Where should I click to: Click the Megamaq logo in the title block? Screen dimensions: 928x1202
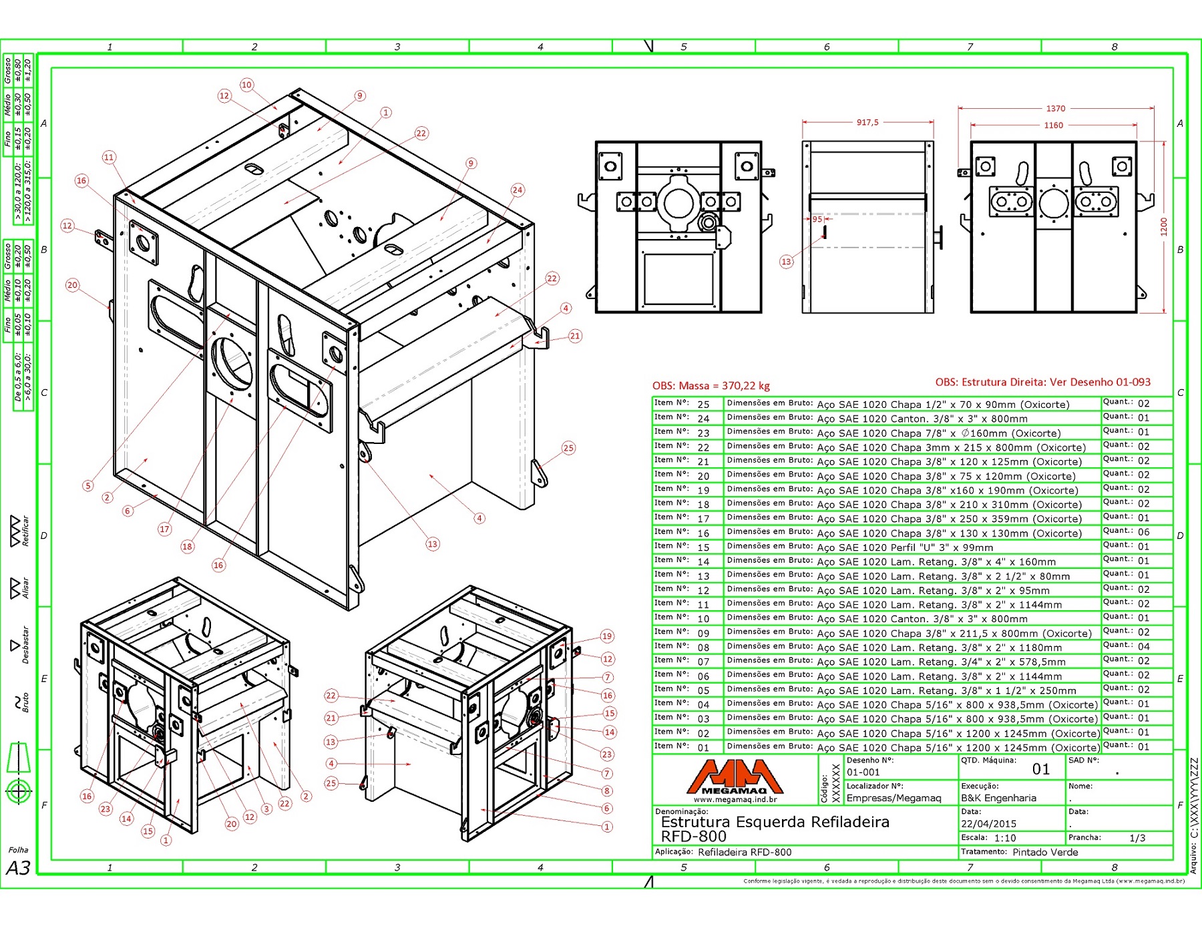tap(735, 778)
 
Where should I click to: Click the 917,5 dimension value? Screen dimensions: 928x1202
tap(867, 122)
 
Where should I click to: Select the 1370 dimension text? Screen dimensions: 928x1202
tap(1056, 108)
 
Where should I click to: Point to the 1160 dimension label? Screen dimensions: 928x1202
tap(1054, 125)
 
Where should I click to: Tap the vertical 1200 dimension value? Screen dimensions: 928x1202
tap(1164, 226)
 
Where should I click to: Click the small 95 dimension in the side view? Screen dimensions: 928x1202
tap(817, 219)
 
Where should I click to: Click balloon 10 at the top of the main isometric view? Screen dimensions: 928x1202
tap(247, 85)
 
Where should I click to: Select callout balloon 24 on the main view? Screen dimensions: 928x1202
tap(518, 190)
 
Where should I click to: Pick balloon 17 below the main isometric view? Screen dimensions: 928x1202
tap(165, 529)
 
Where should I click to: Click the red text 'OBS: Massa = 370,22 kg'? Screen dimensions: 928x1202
tap(711, 385)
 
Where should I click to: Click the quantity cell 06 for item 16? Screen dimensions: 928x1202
tap(1144, 532)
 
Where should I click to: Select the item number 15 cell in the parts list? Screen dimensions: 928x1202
tap(703, 547)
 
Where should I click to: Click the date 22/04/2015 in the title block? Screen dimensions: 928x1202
tap(988, 824)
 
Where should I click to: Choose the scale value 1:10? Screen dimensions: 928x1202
tap(1005, 838)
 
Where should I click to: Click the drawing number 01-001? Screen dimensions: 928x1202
tap(863, 772)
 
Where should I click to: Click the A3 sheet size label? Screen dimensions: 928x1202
tap(19, 867)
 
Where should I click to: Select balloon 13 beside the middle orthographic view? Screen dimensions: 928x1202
tap(787, 262)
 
